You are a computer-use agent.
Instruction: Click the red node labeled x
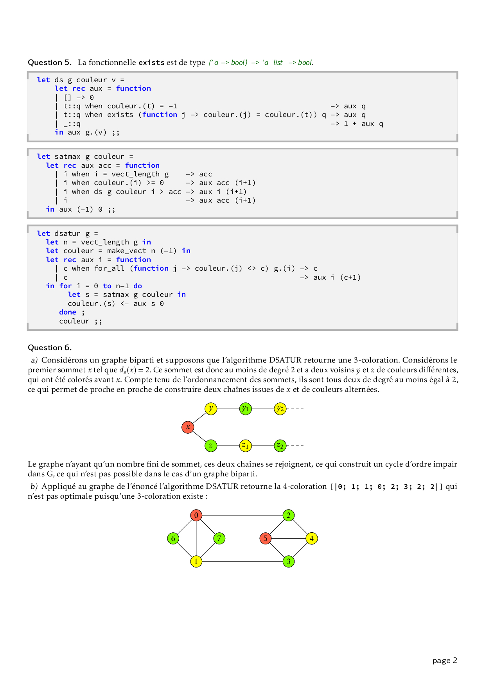(x=188, y=427)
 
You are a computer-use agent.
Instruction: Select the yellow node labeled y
(x=211, y=409)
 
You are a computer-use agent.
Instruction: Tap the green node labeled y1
(x=245, y=409)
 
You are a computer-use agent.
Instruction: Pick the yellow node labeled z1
(x=245, y=445)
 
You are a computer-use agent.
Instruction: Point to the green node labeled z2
(x=280, y=445)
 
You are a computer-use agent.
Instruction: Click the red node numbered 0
(x=196, y=515)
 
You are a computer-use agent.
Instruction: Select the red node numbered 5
(x=266, y=538)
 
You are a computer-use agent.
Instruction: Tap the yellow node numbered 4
(x=312, y=538)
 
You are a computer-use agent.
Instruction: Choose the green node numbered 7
(x=219, y=538)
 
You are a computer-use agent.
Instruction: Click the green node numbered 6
(x=173, y=538)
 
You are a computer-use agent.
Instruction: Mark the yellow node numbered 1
(x=196, y=561)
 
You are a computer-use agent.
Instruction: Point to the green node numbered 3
(x=289, y=561)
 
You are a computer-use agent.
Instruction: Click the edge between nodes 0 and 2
(x=242, y=515)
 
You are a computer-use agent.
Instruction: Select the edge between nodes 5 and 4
(x=289, y=538)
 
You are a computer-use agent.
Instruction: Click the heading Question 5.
(x=50, y=63)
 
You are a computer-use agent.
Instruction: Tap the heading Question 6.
(x=50, y=348)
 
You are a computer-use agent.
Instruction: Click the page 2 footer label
(x=445, y=660)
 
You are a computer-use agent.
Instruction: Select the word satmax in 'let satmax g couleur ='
(x=68, y=156)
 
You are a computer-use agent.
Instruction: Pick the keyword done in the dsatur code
(x=68, y=312)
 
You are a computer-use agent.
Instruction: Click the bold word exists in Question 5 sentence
(x=151, y=63)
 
